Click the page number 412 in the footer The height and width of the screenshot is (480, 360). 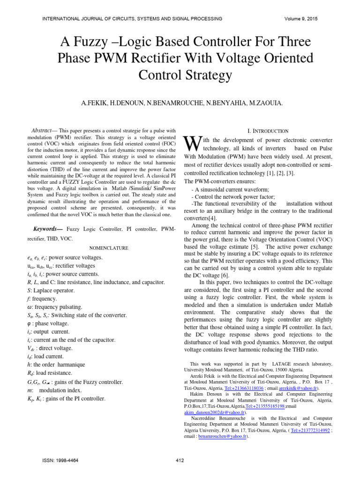click(x=180, y=460)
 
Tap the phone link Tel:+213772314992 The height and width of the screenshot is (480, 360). click(x=310, y=430)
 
